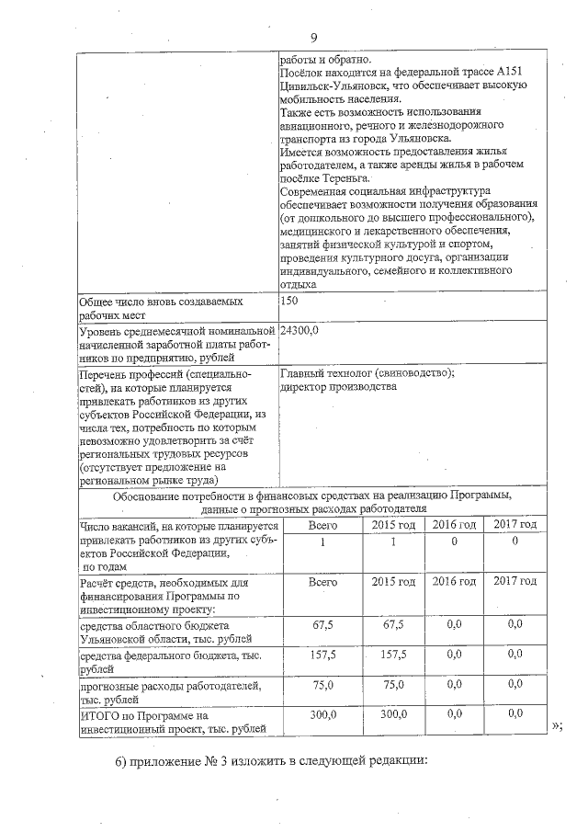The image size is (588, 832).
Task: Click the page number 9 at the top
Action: click(313, 38)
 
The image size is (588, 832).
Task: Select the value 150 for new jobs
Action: click(289, 302)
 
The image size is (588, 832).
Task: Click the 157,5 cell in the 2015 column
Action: click(393, 655)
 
